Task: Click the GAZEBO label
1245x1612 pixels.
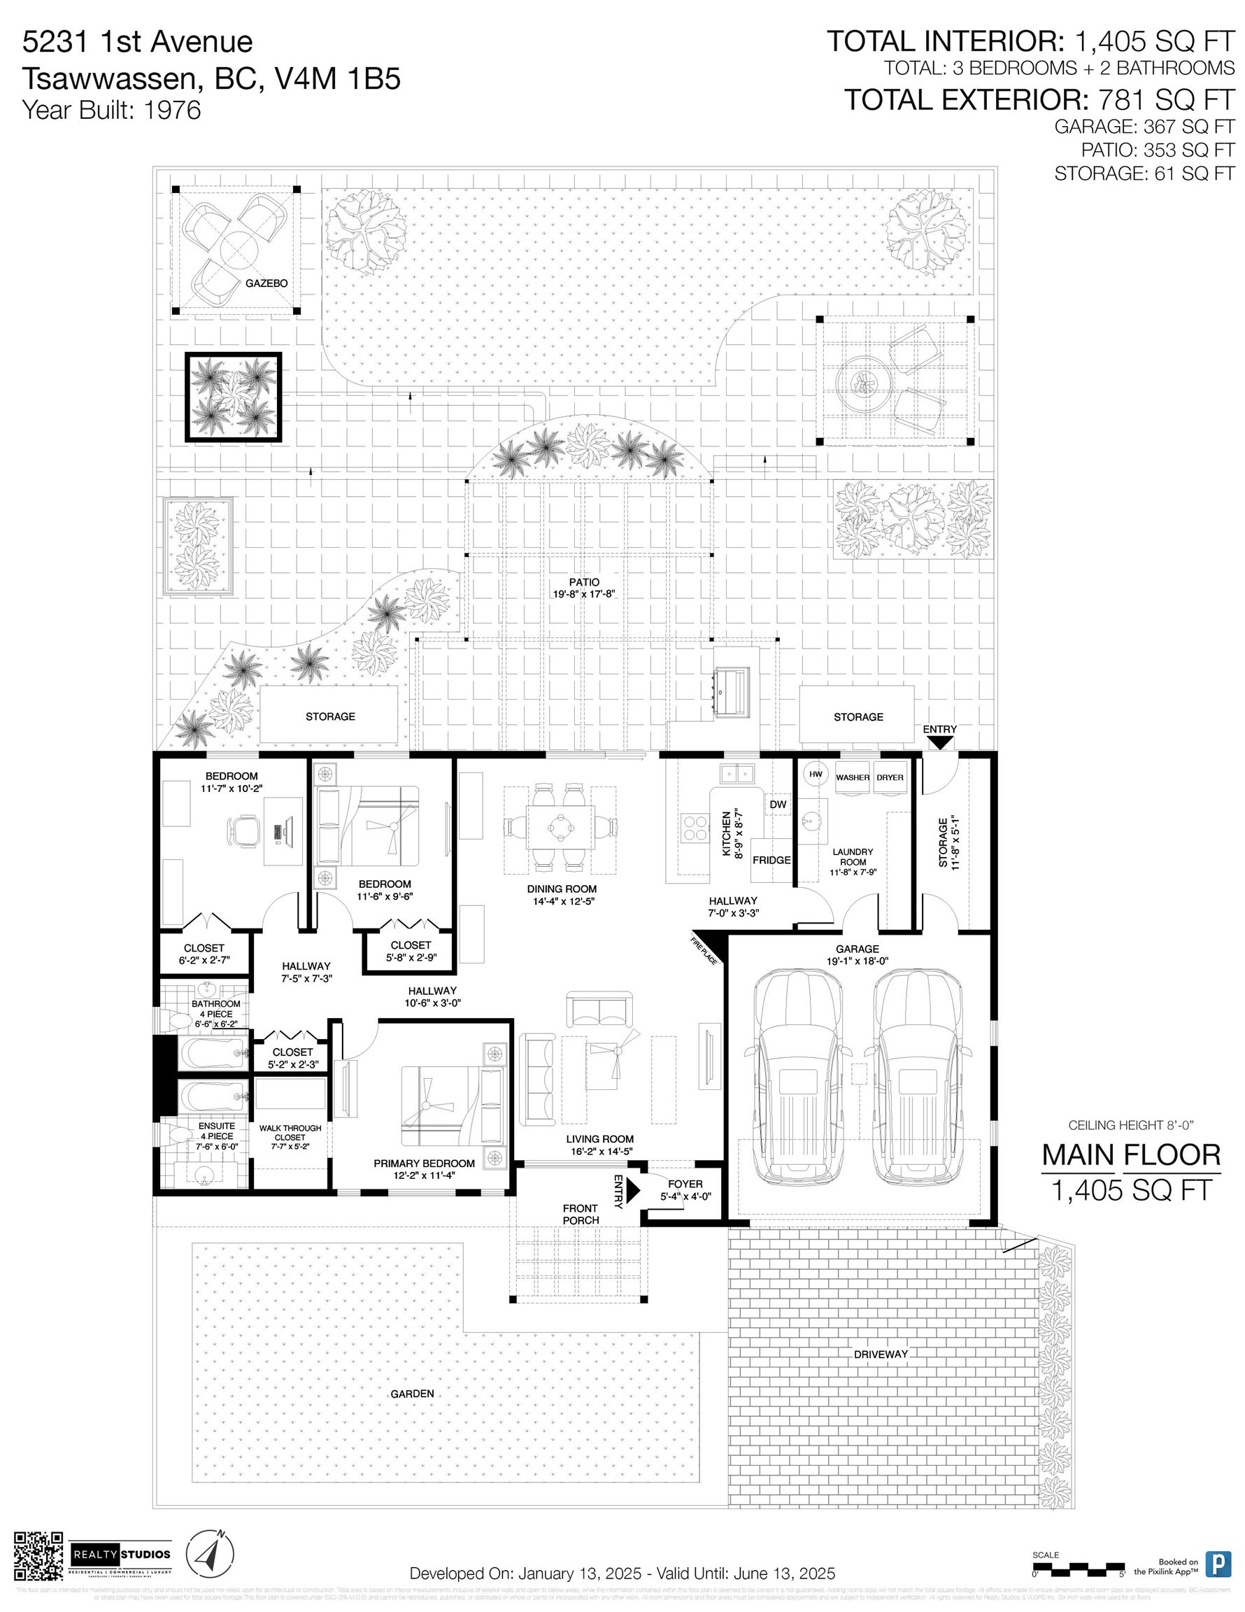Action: pos(266,283)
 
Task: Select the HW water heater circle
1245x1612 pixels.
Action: pos(816,775)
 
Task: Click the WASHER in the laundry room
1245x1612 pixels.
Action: pos(853,779)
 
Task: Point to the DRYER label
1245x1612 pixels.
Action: pos(890,779)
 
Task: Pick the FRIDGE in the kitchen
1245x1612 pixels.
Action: pos(771,861)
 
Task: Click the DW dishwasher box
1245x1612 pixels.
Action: pos(778,805)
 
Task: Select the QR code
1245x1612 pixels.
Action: pos(39,1557)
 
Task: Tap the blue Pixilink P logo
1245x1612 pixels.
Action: pos(1218,1564)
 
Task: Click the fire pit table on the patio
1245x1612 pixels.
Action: pos(862,381)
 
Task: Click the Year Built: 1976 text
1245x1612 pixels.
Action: pos(111,110)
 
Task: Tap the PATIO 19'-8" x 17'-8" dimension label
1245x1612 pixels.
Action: pos(584,588)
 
